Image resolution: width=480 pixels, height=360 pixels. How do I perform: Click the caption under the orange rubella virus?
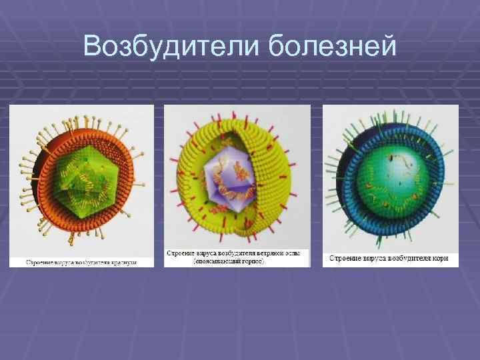pyautogui.click(x=81, y=262)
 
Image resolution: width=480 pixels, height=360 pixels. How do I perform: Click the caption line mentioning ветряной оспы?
pyautogui.click(x=237, y=254)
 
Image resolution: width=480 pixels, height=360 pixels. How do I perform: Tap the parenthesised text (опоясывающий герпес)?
pyautogui.click(x=237, y=262)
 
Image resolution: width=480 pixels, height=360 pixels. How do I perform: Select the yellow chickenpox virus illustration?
pyautogui.click(x=237, y=177)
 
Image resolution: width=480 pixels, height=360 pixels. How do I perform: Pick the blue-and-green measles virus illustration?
pyautogui.click(x=391, y=177)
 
